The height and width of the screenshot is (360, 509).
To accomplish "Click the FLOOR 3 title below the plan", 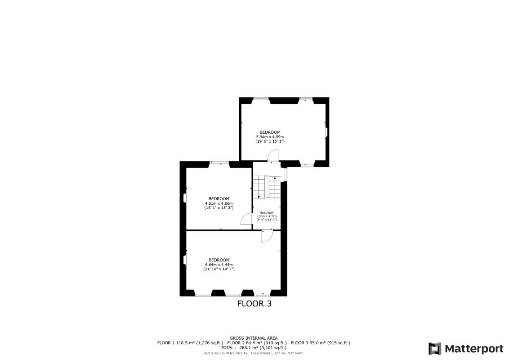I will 254,304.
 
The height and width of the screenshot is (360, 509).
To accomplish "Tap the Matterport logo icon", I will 434,349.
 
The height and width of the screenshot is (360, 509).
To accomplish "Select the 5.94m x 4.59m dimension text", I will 270,137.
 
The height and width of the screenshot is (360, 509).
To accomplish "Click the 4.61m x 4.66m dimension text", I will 219,203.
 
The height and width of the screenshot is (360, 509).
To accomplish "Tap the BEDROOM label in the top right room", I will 270,132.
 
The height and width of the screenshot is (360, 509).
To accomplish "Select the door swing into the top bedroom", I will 273,156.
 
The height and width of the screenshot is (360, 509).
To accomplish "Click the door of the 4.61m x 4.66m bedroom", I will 246,219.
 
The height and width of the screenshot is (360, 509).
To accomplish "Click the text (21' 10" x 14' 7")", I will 219,269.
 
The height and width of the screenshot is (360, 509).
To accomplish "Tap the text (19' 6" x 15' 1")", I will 270,141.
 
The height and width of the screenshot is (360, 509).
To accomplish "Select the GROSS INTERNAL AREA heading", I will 254,338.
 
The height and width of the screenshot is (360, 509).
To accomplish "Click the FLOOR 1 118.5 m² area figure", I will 190,343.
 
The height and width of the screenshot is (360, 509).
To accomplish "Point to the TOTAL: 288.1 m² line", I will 254,348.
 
